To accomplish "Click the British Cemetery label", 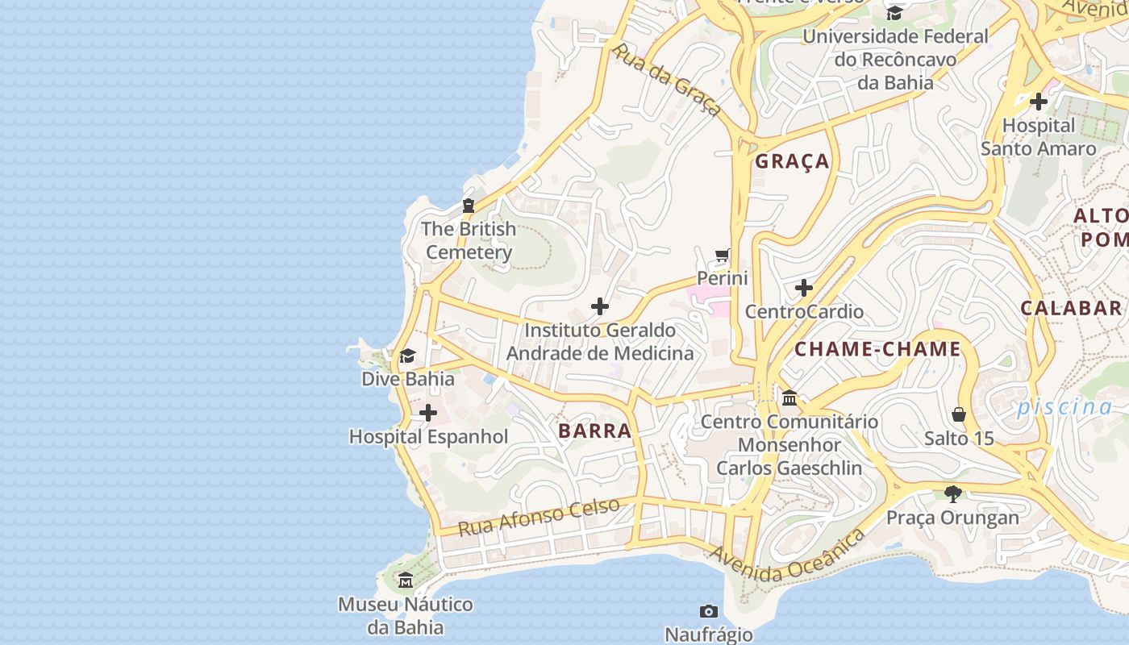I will tap(469, 240).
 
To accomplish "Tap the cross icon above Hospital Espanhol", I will tap(428, 414).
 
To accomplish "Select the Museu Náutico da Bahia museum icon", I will tap(406, 580).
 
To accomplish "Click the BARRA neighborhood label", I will tap(595, 431).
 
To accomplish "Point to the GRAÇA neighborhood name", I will tap(792, 162).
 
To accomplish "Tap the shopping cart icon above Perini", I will tap(723, 256).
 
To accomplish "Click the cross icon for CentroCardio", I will tap(803, 288).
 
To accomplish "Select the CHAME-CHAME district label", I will tap(877, 350).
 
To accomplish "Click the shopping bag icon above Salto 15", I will tap(959, 414).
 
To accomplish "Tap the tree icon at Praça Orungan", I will tap(953, 493).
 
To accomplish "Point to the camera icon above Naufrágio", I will tap(709, 611).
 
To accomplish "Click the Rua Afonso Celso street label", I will tap(539, 517).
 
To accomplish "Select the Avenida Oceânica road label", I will tap(786, 557).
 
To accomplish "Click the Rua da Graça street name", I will tap(665, 80).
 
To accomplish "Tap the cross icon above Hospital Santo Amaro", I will tap(1039, 102).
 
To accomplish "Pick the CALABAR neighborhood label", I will tap(1071, 308).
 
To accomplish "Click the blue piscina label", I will tap(1064, 407).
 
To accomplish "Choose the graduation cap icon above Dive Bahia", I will tap(407, 356).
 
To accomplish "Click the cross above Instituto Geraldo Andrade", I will tap(600, 306).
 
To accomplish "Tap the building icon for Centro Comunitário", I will tap(789, 397).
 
